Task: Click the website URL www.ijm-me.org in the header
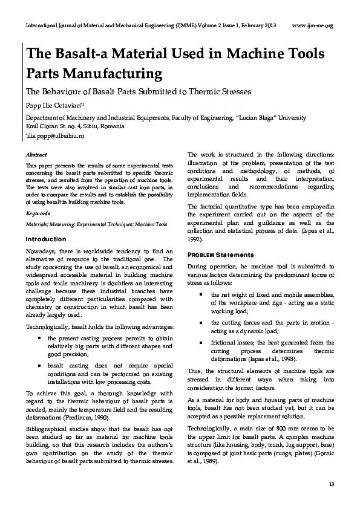[312, 25]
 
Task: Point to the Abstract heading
[36, 155]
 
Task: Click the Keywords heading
[38, 214]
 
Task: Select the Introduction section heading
[46, 239]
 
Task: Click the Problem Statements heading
[221, 254]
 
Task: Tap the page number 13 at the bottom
[330, 485]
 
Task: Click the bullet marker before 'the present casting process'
[39, 339]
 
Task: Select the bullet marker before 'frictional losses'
[200, 342]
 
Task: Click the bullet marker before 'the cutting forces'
[200, 323]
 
